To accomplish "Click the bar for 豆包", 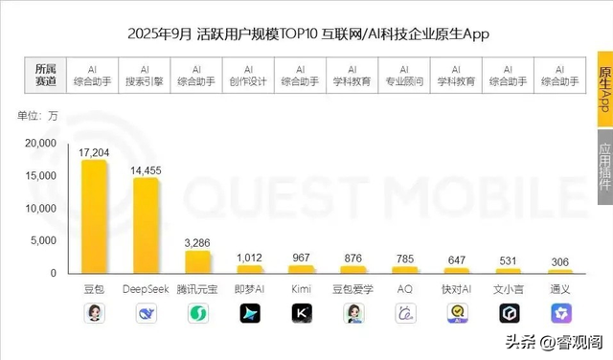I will pyautogui.click(x=94, y=216).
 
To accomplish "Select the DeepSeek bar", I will pyautogui.click(x=146, y=225).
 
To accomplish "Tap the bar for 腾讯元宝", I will pyautogui.click(x=197, y=261).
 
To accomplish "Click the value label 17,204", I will pyautogui.click(x=94, y=152).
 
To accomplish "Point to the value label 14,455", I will pyautogui.click(x=146, y=169).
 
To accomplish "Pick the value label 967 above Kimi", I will pyautogui.click(x=301, y=257).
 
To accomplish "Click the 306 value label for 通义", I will pyautogui.click(x=560, y=262).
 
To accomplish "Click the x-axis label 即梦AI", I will pyautogui.click(x=249, y=288).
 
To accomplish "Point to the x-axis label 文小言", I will pyautogui.click(x=509, y=288).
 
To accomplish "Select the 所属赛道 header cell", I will pyautogui.click(x=46, y=76).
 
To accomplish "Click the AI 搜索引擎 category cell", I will pyautogui.click(x=145, y=76).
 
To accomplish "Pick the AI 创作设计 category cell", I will pyautogui.click(x=249, y=76).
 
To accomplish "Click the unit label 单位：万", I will pyautogui.click(x=38, y=117).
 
